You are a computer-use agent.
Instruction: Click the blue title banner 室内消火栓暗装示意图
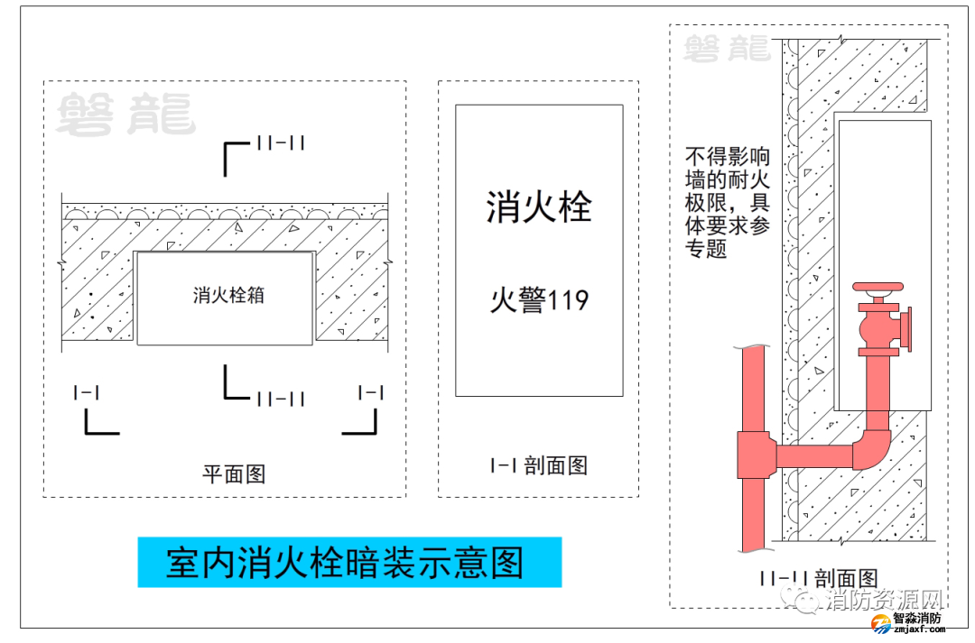pos(348,563)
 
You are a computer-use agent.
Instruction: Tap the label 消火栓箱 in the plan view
pos(228,295)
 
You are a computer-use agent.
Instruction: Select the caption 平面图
pos(233,473)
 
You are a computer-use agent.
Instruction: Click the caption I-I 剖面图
pos(538,465)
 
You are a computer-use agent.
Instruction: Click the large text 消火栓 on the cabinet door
pos(538,207)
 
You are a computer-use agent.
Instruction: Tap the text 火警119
pos(539,299)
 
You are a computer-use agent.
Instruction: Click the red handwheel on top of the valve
pos(877,289)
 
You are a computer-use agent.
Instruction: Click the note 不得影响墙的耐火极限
pos(727,203)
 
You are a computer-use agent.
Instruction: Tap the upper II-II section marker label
pos(280,142)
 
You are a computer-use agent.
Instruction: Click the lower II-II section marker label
pos(280,399)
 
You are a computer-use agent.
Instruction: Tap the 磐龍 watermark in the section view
pos(727,49)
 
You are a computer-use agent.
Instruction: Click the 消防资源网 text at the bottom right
pos(882,601)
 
